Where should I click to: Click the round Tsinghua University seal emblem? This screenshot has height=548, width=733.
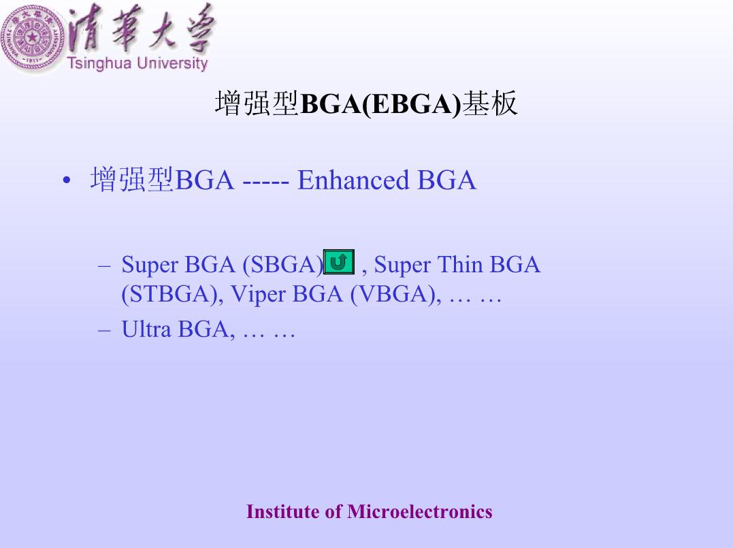[33, 37]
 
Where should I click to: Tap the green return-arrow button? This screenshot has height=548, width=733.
[339, 262]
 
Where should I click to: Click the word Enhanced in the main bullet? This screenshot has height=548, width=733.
[353, 180]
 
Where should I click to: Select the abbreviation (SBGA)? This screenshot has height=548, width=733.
[283, 265]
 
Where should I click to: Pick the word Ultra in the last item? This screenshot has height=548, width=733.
[146, 329]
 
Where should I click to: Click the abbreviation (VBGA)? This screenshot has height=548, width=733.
[395, 295]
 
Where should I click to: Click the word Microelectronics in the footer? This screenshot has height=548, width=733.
[419, 511]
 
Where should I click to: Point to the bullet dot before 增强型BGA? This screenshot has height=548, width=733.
[67, 180]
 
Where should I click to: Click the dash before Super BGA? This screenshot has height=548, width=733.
[104, 266]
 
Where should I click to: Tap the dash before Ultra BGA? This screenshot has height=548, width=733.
[104, 331]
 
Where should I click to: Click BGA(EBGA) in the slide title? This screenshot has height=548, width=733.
[380, 103]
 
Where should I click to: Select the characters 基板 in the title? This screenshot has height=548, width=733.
[490, 103]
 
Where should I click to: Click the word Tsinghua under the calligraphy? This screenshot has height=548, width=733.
[99, 63]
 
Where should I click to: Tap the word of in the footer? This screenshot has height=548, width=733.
[333, 511]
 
